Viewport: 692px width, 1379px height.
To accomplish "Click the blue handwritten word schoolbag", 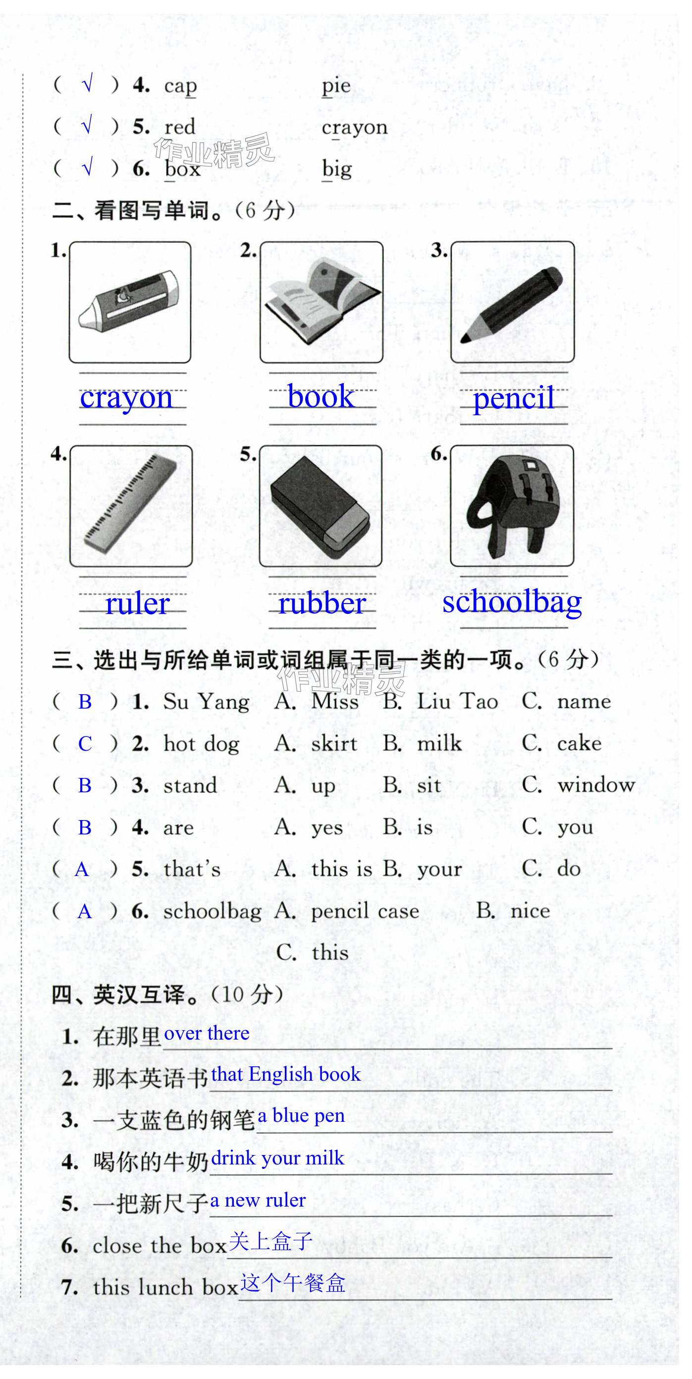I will [x=512, y=602].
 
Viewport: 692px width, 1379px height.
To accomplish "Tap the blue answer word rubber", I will [x=322, y=604].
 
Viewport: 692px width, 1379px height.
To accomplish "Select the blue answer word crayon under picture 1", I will [x=126, y=398].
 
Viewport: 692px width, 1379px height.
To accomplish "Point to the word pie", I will [x=336, y=86].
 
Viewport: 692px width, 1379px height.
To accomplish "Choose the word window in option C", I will [x=596, y=785].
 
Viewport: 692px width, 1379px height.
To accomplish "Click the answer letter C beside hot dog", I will [x=85, y=744].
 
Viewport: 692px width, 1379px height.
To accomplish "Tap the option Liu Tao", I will [x=457, y=702].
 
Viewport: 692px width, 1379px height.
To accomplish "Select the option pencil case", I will [x=365, y=911].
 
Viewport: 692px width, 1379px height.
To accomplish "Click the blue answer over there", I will [x=207, y=1033].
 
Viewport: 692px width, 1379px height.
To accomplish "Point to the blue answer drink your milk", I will [x=277, y=1158].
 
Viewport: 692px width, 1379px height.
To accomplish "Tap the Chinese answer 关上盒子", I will [x=270, y=1241].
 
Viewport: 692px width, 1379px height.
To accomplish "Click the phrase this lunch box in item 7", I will [x=165, y=1287].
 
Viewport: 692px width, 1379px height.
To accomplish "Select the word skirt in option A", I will [x=334, y=744].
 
